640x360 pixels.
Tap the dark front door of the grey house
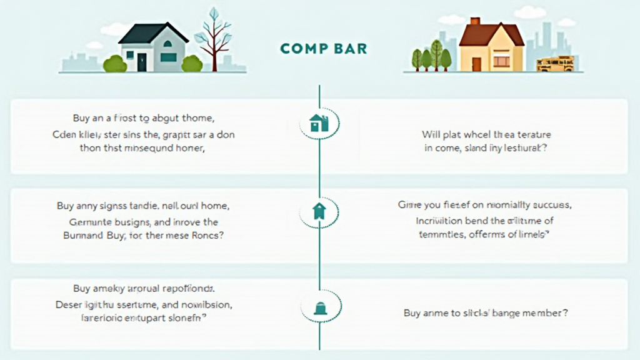142,62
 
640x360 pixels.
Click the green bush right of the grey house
191,63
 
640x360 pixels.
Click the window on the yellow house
501,61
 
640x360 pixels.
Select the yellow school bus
555,63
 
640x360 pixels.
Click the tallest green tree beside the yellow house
436,54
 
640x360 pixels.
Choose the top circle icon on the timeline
319,123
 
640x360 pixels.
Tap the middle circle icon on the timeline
319,212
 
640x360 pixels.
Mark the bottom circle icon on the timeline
319,306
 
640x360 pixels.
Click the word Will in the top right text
431,134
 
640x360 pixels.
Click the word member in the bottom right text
544,313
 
